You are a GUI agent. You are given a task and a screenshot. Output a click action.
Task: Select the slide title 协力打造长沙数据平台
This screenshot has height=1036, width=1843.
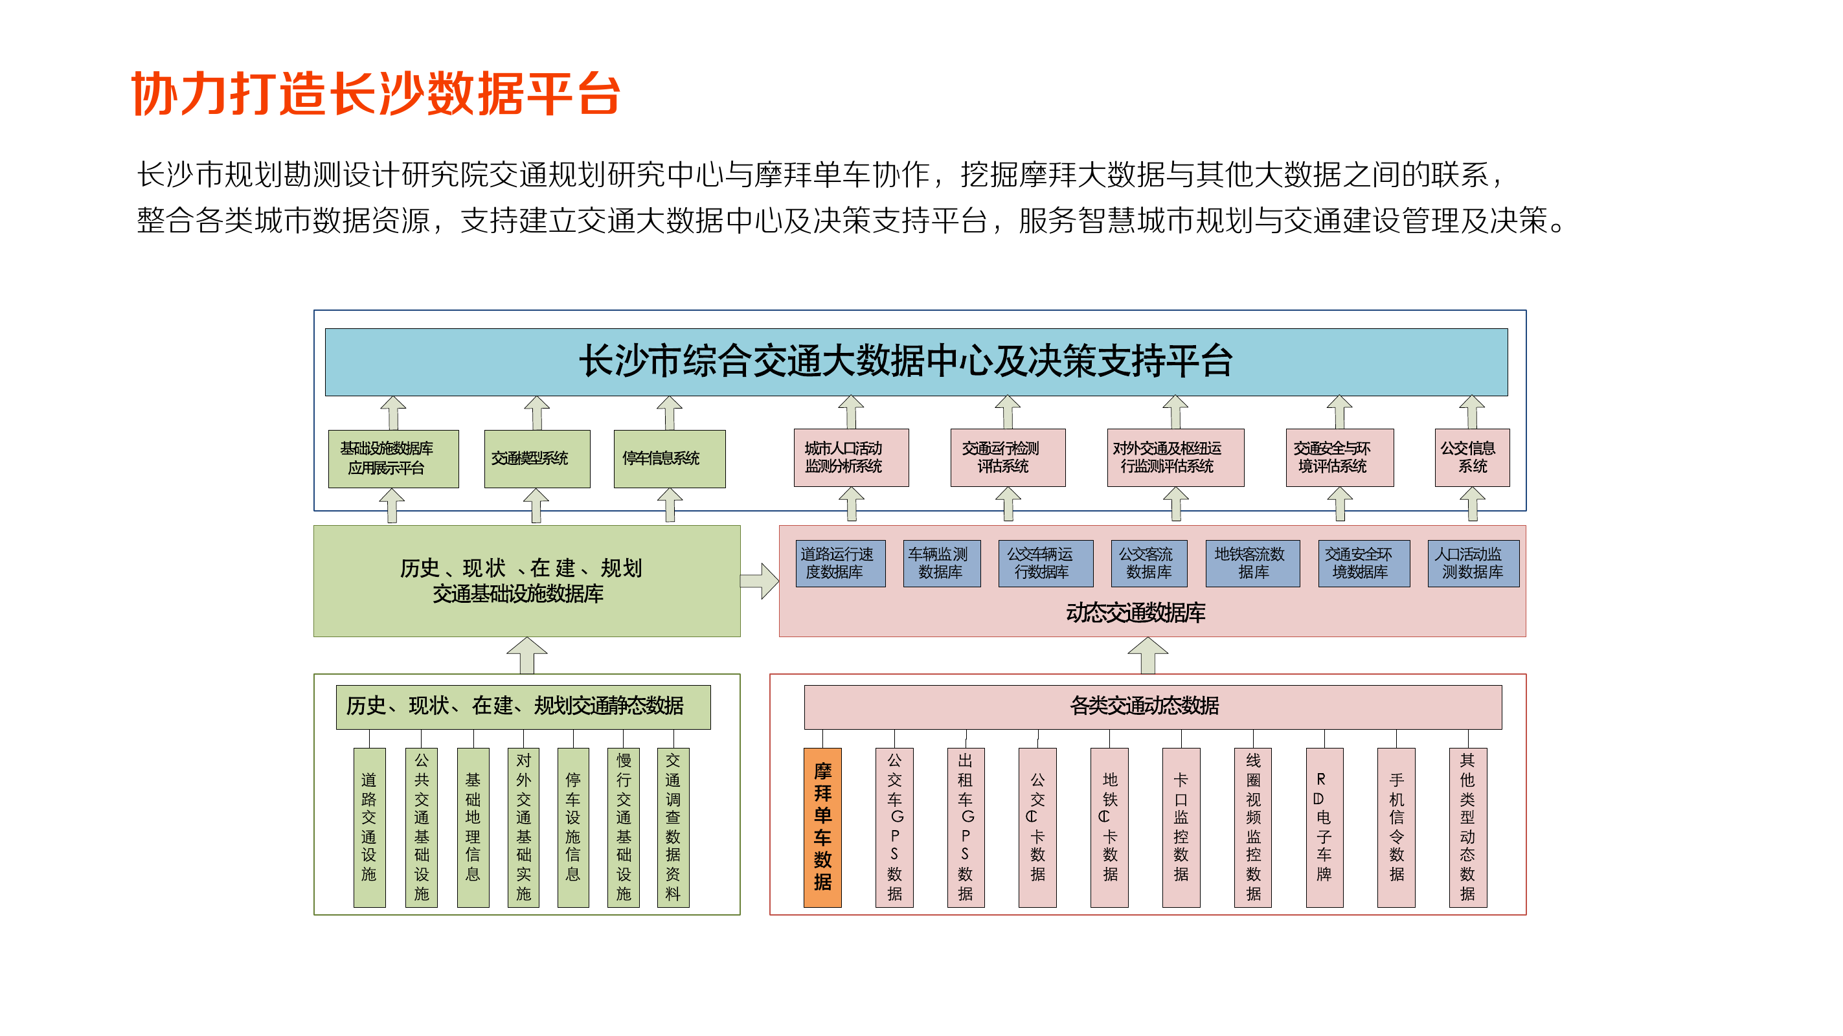(x=376, y=94)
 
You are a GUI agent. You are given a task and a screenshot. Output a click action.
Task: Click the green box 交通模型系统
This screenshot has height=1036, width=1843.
(x=537, y=458)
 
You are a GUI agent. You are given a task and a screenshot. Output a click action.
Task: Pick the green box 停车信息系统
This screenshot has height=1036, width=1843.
(x=669, y=458)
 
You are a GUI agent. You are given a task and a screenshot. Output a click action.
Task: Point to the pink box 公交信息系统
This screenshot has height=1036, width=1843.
(x=1472, y=458)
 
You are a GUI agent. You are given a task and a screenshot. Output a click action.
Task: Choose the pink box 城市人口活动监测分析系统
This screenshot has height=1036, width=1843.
(x=851, y=458)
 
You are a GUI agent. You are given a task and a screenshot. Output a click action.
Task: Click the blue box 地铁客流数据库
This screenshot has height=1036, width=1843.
(x=1252, y=563)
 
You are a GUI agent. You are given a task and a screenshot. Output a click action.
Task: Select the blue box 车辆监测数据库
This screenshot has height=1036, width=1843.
(x=941, y=563)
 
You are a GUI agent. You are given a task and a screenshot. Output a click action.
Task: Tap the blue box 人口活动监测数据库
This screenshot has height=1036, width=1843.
(x=1473, y=563)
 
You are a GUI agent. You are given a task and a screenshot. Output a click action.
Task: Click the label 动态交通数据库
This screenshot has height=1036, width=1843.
(x=1135, y=613)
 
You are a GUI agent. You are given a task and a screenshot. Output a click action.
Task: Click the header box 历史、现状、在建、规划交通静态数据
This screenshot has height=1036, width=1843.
(x=523, y=706)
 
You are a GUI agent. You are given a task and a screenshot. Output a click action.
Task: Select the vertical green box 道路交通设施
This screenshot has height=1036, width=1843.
(x=369, y=827)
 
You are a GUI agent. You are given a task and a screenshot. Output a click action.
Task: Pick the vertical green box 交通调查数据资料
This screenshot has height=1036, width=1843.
(x=673, y=827)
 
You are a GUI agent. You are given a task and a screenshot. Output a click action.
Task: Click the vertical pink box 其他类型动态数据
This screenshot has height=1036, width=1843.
(x=1467, y=827)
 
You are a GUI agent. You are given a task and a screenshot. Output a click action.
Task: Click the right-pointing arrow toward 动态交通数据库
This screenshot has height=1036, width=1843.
(x=759, y=580)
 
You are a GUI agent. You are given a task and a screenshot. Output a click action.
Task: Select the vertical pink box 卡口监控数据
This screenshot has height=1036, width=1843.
(x=1181, y=827)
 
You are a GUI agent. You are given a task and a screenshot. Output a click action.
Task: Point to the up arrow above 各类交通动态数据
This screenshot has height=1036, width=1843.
(x=1148, y=655)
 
